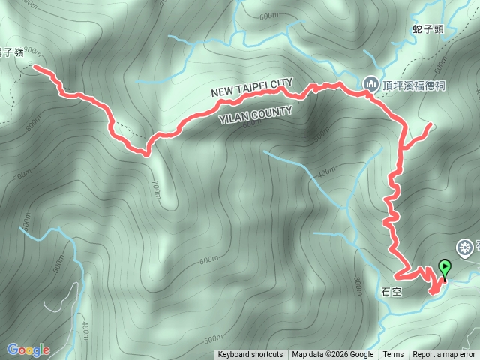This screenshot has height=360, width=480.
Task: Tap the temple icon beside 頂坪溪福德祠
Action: point(370,85)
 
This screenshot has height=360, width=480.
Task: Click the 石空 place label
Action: point(392,292)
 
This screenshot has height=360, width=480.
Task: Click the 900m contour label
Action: point(32,52)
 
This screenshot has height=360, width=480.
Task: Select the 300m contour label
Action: point(357,287)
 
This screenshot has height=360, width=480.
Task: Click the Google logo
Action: point(28,349)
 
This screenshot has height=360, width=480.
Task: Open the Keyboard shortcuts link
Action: point(250,355)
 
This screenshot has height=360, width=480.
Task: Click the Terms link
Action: point(393,355)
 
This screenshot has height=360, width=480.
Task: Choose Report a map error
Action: point(444,355)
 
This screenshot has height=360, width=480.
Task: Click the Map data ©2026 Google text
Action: point(333,355)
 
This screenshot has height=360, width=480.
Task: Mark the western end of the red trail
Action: point(34,68)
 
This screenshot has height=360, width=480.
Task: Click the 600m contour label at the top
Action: point(268,16)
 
